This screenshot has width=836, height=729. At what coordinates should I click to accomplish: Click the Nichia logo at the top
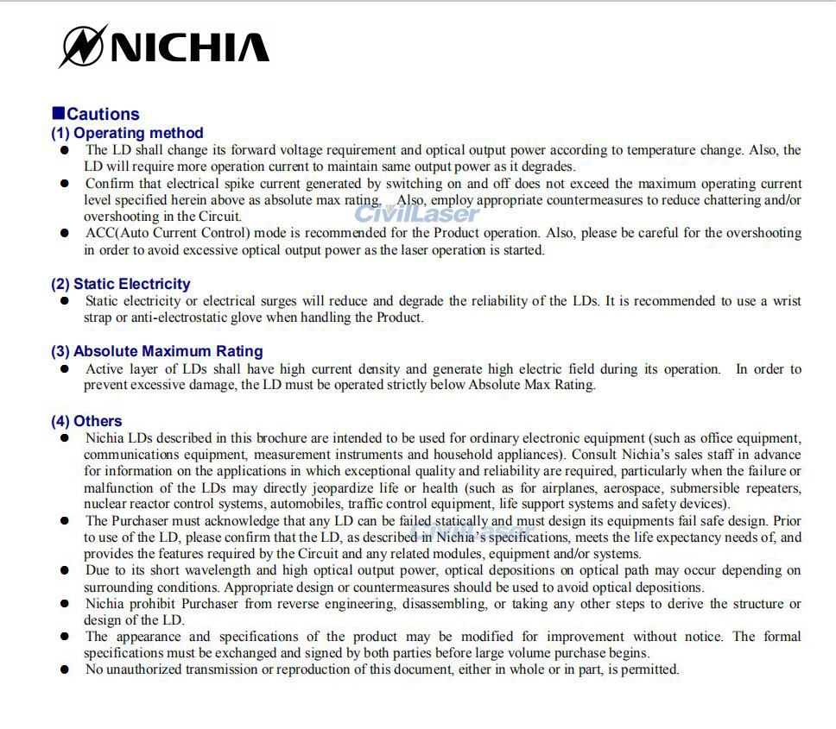[164, 46]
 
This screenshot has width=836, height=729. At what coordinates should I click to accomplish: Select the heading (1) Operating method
[127, 133]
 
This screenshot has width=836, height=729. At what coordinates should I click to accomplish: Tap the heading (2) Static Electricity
[120, 284]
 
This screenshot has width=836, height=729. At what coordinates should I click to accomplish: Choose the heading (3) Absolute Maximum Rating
[156, 351]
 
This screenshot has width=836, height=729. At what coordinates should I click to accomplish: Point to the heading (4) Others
[86, 421]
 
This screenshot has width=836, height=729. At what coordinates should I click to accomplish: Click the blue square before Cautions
[58, 113]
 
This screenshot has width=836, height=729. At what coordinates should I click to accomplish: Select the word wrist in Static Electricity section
[786, 301]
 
